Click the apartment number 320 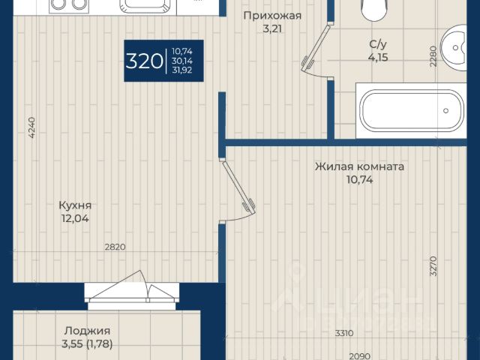[x=144, y=61]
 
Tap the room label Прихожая [x=272, y=15]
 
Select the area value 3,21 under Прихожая [x=272, y=28]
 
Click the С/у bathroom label [x=378, y=44]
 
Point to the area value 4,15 [x=378, y=57]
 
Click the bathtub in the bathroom [x=411, y=110]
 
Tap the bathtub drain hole [x=445, y=110]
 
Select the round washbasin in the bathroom [x=454, y=48]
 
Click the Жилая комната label [x=359, y=166]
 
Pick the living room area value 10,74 [x=360, y=180]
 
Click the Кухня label [x=75, y=205]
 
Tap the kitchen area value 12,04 [x=75, y=218]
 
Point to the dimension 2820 [x=115, y=247]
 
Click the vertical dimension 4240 [x=32, y=127]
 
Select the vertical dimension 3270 [x=433, y=266]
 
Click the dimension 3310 [x=344, y=333]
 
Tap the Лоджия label [x=87, y=331]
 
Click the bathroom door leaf [x=316, y=46]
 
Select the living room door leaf [x=238, y=187]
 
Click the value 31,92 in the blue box [x=182, y=70]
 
